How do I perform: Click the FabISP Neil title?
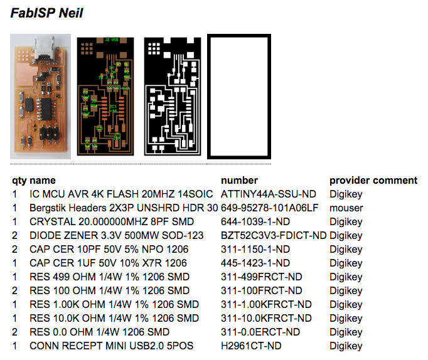(47, 13)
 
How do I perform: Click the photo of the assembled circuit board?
(40, 96)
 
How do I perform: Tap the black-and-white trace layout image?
(171, 96)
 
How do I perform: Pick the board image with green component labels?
(105, 96)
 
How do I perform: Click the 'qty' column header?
(19, 181)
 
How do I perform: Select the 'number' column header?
(240, 181)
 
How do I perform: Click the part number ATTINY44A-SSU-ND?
(264, 194)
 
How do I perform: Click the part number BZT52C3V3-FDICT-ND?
(274, 236)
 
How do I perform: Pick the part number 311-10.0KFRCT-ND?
(266, 319)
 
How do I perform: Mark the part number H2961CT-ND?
(251, 346)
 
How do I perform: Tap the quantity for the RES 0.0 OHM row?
(14, 332)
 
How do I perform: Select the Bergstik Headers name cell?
(124, 208)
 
